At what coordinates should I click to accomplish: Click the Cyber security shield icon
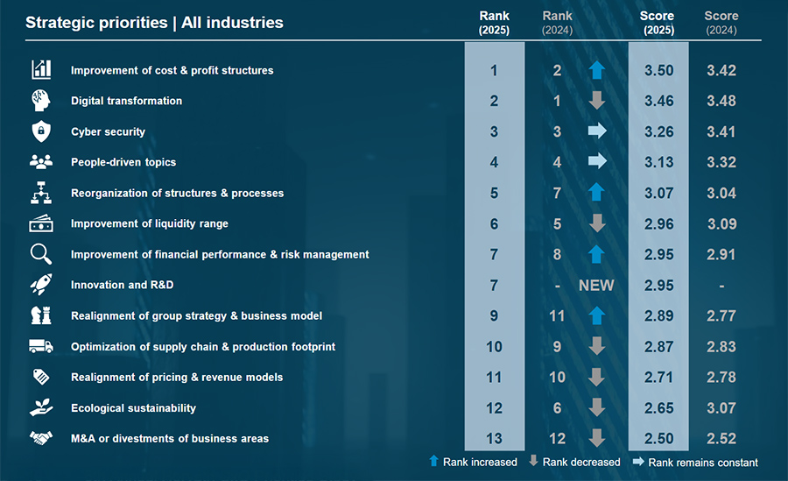[x=41, y=131]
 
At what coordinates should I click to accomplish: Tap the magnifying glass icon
[x=41, y=254]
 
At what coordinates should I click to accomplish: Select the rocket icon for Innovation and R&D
[x=41, y=285]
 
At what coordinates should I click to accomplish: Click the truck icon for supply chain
[x=41, y=346]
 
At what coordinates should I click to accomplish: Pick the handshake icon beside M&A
[x=41, y=438]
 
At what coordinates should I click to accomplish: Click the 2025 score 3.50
[x=658, y=70]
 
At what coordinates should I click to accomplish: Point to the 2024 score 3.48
[x=721, y=101]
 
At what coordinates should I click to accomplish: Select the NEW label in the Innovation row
[x=596, y=285]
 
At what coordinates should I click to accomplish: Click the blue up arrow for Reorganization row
[x=596, y=193]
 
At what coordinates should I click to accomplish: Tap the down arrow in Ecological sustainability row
[x=596, y=407]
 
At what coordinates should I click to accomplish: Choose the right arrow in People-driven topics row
[x=596, y=162]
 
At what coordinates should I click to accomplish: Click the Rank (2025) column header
[x=495, y=23]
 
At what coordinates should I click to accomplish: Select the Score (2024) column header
[x=721, y=23]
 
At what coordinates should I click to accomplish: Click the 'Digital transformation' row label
[x=126, y=101]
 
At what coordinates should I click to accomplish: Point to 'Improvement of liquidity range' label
[x=149, y=223]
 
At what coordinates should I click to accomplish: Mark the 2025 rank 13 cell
[x=495, y=438]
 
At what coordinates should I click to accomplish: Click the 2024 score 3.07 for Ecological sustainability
[x=721, y=407]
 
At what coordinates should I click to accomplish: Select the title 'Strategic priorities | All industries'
[x=154, y=23]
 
